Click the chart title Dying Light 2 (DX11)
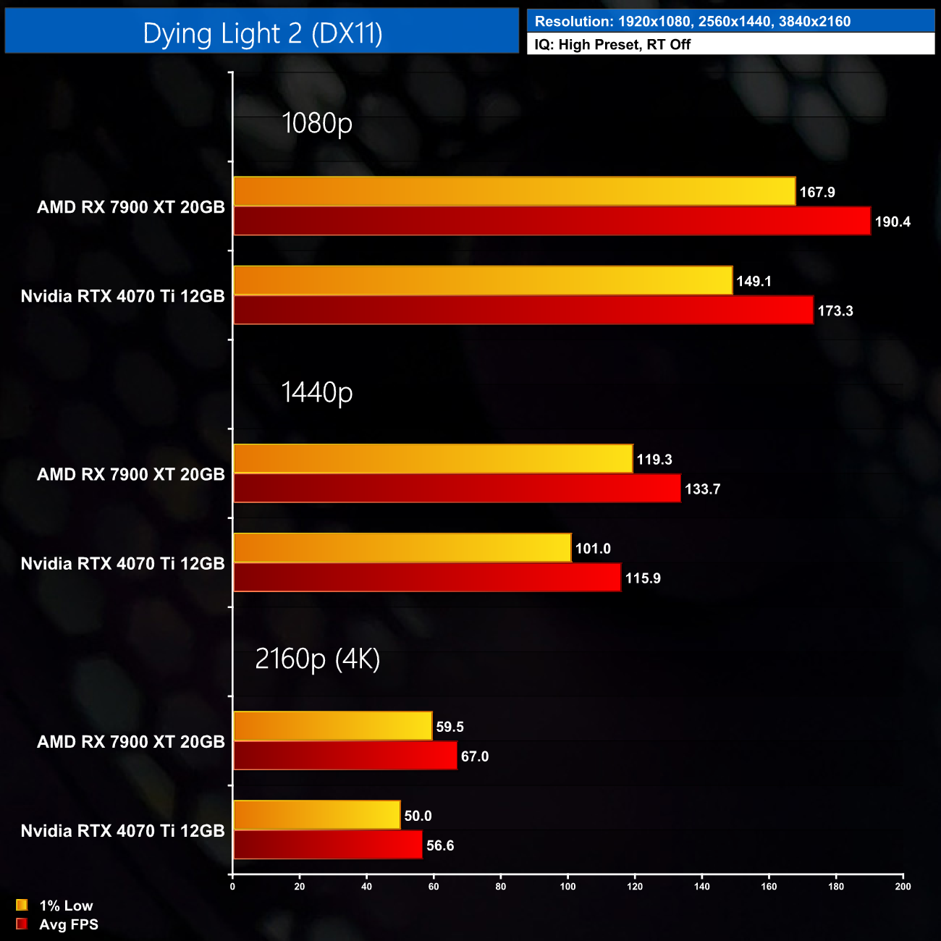(262, 33)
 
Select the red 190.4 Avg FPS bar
(552, 221)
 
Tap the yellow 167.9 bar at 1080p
(514, 191)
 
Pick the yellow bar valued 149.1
(483, 280)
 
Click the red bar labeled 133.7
(457, 489)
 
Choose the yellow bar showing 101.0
(402, 548)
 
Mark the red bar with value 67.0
(345, 756)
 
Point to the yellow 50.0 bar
(317, 815)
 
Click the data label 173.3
(835, 311)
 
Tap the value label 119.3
(654, 460)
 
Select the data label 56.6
(440, 845)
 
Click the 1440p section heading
(317, 392)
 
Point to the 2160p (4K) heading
(317, 659)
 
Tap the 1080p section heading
(317, 123)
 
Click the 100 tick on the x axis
(568, 887)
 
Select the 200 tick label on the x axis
(903, 887)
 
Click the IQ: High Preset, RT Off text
(612, 44)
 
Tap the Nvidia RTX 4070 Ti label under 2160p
(123, 831)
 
